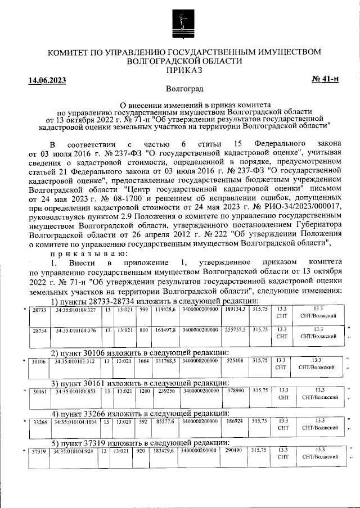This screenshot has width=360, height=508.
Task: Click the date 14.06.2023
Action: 47,80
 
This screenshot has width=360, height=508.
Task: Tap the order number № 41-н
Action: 325,79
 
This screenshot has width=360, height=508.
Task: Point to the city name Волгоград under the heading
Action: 184,89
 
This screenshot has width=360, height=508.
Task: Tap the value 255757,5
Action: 235,331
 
